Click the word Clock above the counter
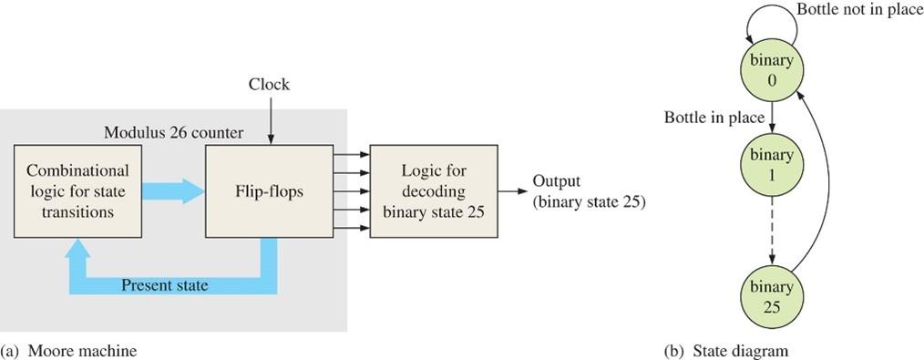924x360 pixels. [x=269, y=85]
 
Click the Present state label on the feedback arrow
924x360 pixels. [x=165, y=285]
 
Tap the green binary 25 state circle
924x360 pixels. [x=772, y=296]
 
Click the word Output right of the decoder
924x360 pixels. [x=557, y=181]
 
